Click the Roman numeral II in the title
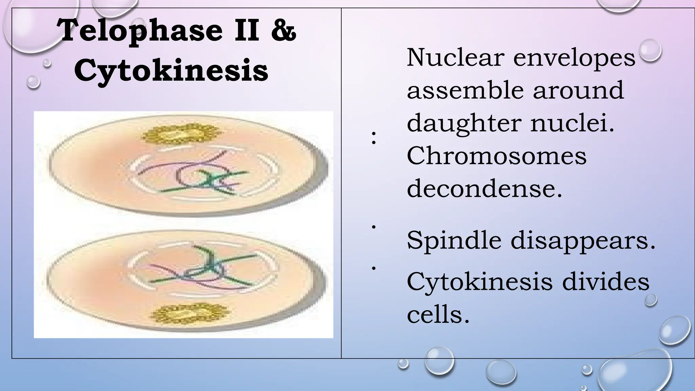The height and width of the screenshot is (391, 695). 247,31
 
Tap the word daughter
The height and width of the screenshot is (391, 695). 465,124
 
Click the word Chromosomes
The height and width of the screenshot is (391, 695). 496,156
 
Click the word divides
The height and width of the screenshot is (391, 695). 606,281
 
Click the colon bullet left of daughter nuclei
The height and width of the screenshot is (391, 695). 374,138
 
